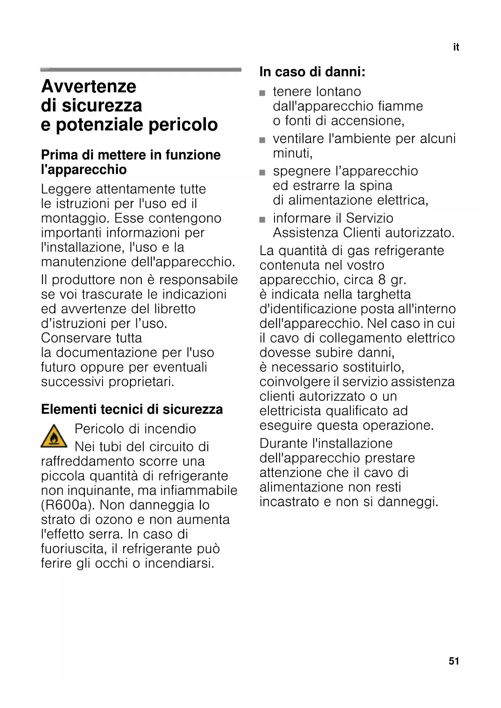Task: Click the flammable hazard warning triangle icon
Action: pos(54,436)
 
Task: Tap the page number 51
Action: pos(454,661)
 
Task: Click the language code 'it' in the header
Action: pos(456,47)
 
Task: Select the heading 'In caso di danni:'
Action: pos(312,72)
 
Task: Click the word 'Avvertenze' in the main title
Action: pos(89,86)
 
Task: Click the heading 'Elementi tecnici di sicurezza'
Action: pos(132,409)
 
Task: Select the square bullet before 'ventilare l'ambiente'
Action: pos(262,140)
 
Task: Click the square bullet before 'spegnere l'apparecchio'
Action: pos(262,172)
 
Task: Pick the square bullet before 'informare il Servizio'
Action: pos(262,220)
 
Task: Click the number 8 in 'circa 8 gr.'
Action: pos(382,280)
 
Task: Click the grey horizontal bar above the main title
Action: pos(140,70)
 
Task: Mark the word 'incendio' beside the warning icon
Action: pos(170,429)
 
